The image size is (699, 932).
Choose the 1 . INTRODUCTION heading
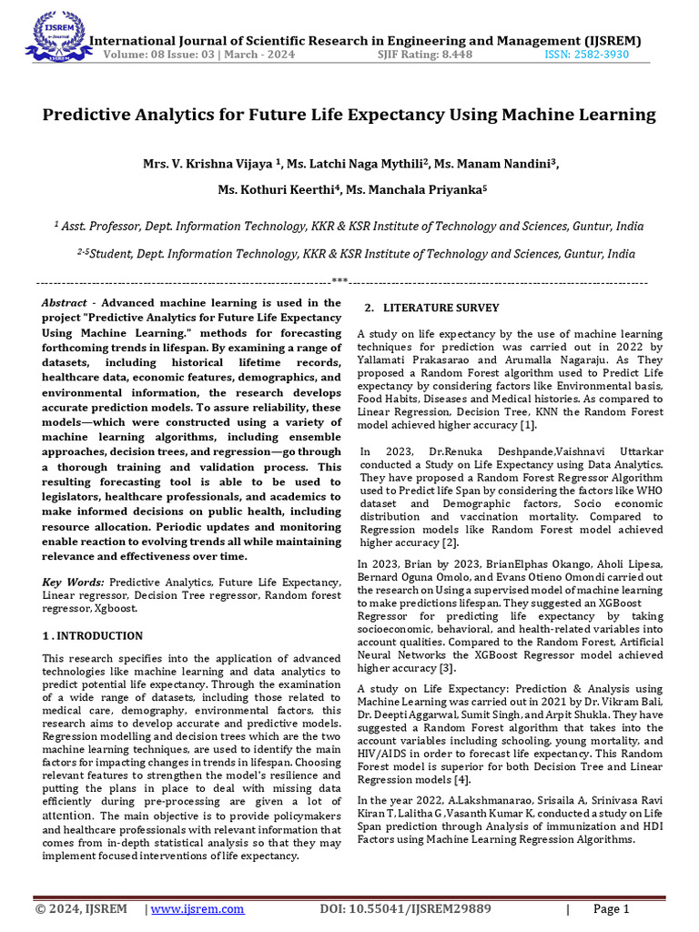click(x=93, y=635)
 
